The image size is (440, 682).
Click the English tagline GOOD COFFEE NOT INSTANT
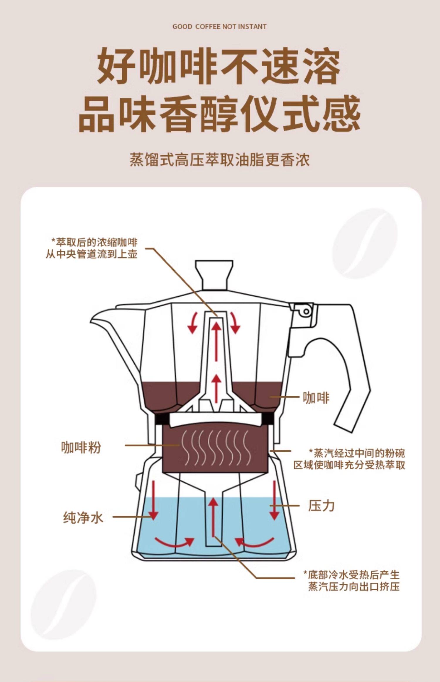pos(219,27)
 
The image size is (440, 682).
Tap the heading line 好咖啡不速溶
pos(219,67)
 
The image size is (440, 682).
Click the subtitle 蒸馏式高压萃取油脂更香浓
pos(220,160)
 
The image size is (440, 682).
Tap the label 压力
pos(321,506)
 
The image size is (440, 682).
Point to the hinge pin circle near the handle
pos(306,311)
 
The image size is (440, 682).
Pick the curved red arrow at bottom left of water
pos(175,542)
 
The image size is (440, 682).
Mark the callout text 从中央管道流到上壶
pos(92,254)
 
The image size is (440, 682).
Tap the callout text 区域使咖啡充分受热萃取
pos(349,465)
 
